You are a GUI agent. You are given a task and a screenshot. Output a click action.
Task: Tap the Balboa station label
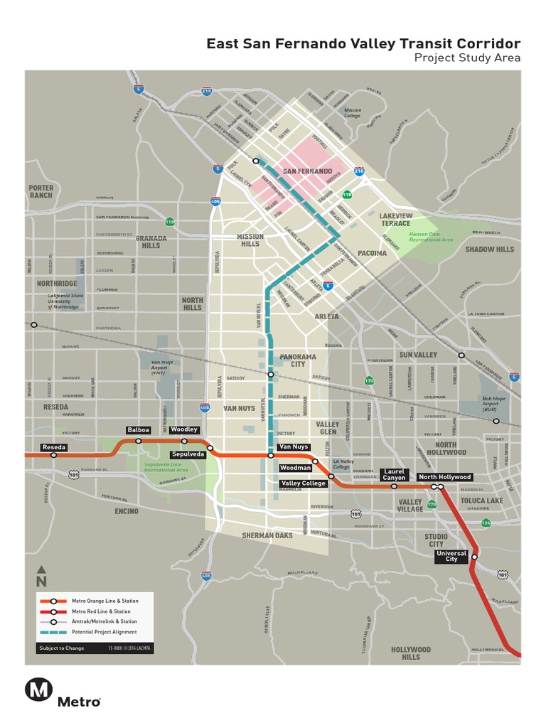(138, 430)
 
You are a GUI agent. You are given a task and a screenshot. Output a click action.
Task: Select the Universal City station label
(451, 557)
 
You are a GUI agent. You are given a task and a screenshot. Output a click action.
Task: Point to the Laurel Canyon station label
(394, 474)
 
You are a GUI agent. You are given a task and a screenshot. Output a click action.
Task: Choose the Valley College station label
(303, 483)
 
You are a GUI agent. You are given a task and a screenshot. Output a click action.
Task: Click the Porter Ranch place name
(41, 191)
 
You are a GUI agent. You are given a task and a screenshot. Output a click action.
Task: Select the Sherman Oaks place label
(267, 535)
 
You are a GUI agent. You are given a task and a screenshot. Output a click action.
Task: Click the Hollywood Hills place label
(411, 653)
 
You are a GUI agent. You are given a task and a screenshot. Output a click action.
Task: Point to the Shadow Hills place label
(489, 250)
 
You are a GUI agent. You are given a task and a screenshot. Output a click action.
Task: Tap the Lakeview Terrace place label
(395, 219)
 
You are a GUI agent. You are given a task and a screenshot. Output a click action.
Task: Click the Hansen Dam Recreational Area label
(431, 237)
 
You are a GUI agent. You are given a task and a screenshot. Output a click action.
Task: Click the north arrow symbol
(41, 574)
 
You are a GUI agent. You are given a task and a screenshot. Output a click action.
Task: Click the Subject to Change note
(62, 648)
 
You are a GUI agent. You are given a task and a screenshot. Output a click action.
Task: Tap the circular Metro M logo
(38, 690)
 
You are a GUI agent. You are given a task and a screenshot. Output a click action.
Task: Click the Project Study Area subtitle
(467, 58)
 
